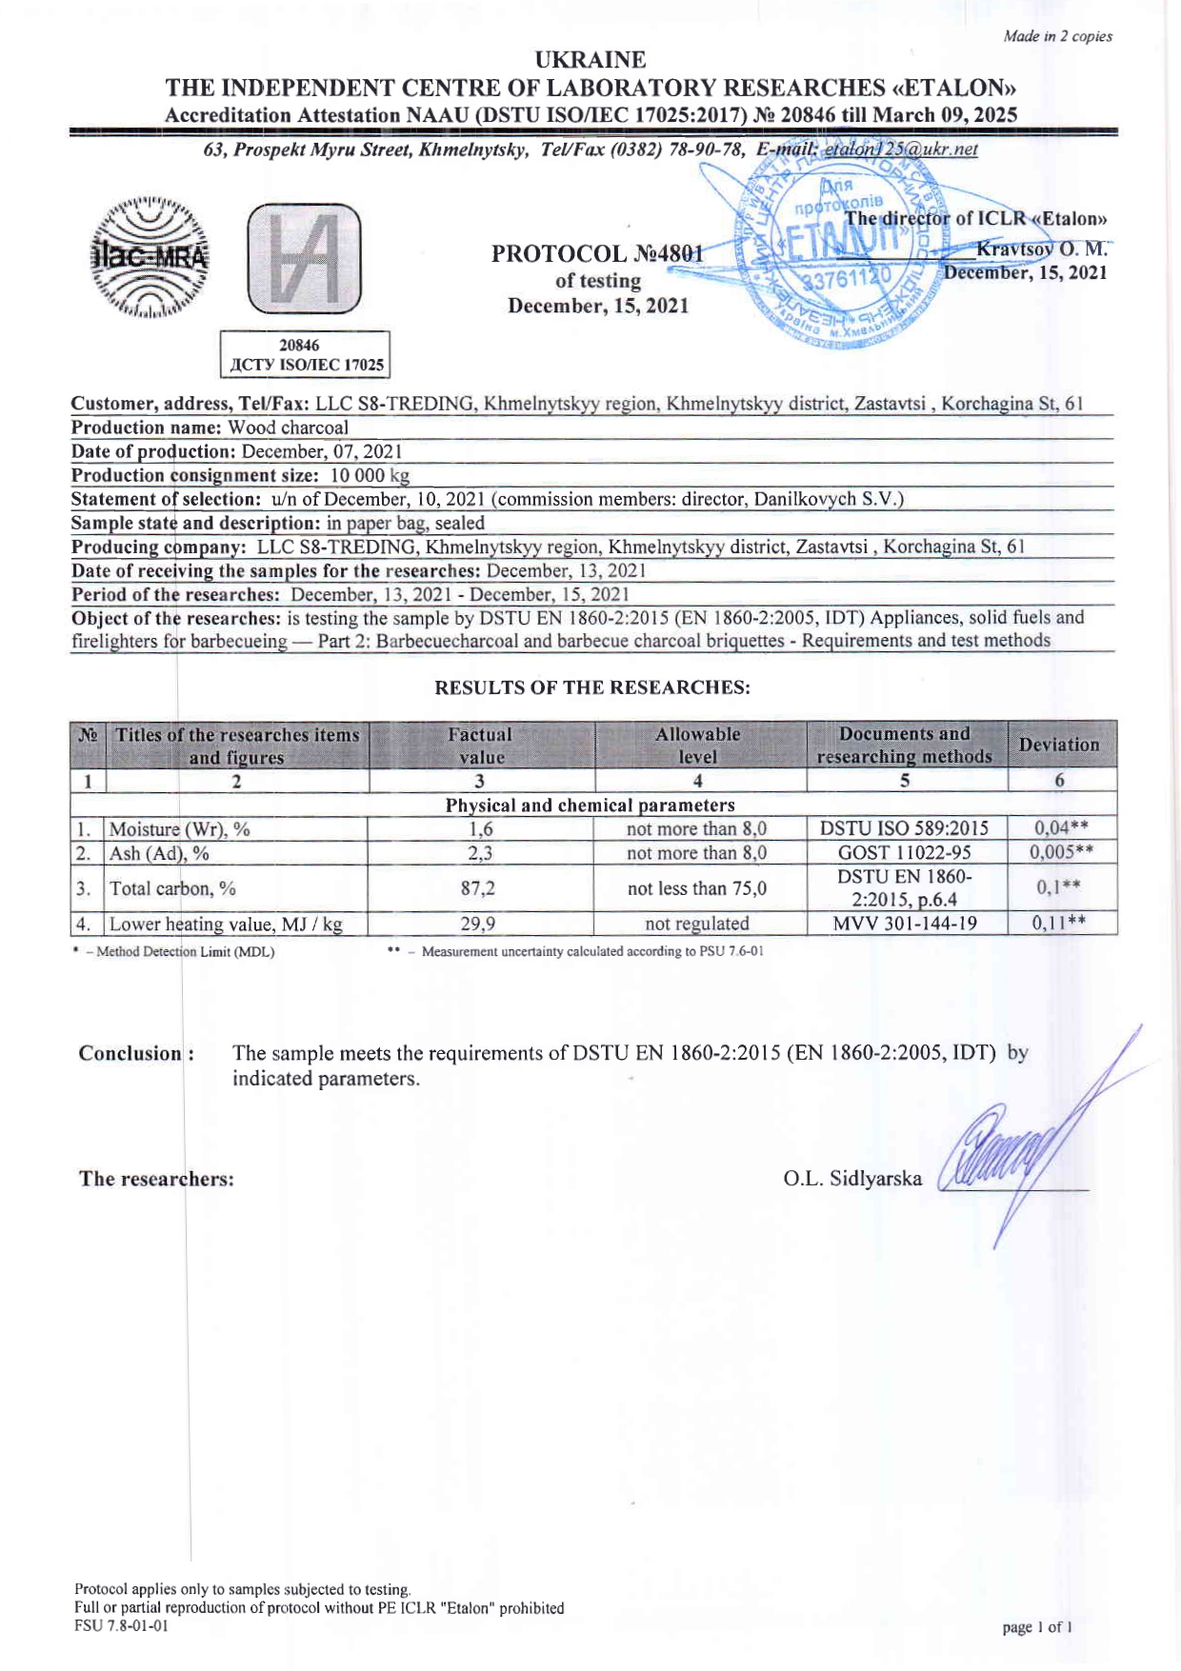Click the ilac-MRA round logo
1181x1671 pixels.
pos(149,257)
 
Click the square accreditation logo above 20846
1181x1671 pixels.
pos(304,259)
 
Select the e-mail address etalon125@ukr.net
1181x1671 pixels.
pos(900,149)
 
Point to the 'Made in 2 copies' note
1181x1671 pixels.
pos(1057,36)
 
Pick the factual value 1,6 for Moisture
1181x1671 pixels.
pos(480,829)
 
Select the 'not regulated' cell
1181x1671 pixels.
pos(697,924)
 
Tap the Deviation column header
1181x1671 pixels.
pos(1059,745)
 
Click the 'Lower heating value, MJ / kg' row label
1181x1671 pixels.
pos(226,924)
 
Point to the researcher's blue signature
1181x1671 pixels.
pos(1010,1152)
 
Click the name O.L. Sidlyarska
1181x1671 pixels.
pos(852,1179)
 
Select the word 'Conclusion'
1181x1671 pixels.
pos(130,1053)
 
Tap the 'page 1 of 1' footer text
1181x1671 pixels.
pos(1037,1627)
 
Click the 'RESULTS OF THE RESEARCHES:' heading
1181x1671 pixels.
pos(591,687)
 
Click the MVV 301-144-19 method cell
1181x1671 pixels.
pos(905,924)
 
